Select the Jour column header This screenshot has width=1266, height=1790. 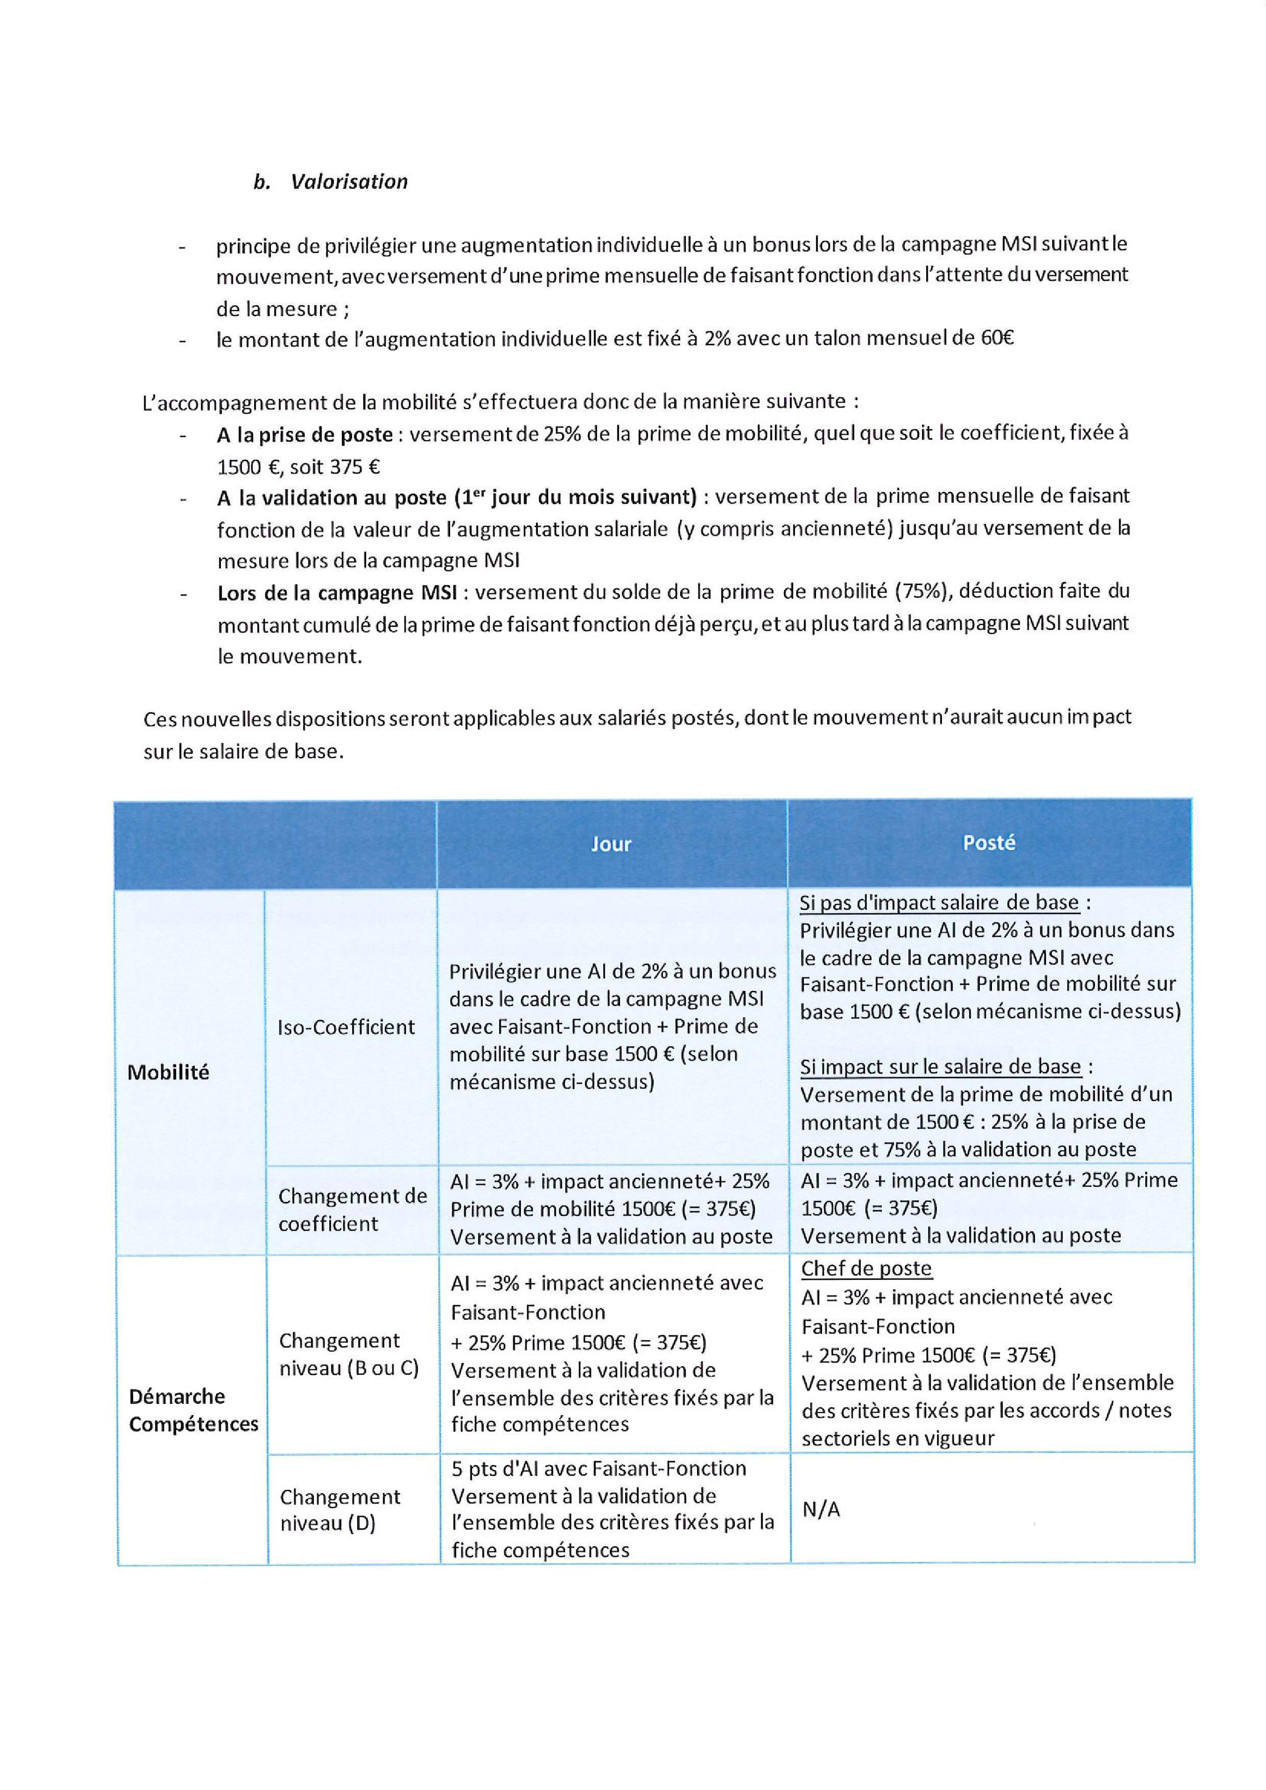(x=611, y=844)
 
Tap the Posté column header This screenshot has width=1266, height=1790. (x=988, y=842)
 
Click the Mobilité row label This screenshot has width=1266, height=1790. (x=168, y=1072)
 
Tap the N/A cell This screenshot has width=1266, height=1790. (x=821, y=1509)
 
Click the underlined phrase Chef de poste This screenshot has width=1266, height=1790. (x=866, y=1269)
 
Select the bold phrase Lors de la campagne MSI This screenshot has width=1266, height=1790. (x=336, y=593)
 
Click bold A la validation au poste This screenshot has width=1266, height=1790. (x=343, y=497)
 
